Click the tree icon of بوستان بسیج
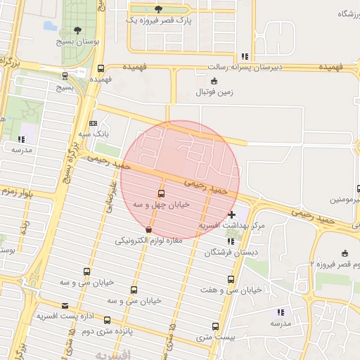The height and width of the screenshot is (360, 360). [77, 30]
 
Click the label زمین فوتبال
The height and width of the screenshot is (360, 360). [214, 92]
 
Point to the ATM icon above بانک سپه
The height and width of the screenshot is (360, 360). [93, 123]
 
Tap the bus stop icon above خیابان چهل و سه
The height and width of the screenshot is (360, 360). [162, 193]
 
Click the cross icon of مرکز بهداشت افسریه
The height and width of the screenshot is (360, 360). [232, 214]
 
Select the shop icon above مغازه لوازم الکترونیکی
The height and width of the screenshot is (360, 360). [148, 230]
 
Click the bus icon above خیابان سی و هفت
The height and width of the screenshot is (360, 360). [230, 279]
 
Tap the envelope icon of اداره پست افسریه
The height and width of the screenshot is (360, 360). [65, 305]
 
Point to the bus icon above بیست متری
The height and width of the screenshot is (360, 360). [214, 326]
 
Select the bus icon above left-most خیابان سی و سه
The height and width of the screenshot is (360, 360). [86, 271]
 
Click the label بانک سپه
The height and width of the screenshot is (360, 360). [94, 133]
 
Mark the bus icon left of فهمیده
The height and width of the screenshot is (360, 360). [101, 69]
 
